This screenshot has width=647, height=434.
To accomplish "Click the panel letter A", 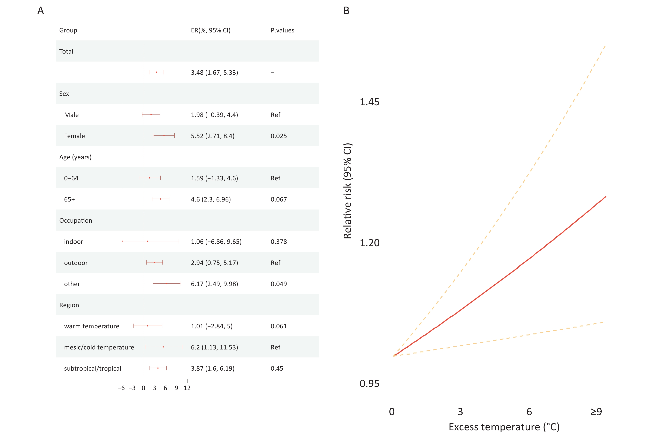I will (x=41, y=11).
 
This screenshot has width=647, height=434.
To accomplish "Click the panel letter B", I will (x=346, y=11).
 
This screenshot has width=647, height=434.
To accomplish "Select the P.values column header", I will (x=282, y=30).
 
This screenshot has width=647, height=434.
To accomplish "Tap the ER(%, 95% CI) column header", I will (x=211, y=30).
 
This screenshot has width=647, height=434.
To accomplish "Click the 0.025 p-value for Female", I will (x=279, y=136).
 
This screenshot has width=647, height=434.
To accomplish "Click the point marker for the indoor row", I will (x=148, y=241).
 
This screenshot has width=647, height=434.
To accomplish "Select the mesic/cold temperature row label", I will (x=99, y=347).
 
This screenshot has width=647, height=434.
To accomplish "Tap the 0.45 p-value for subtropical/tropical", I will (x=277, y=368).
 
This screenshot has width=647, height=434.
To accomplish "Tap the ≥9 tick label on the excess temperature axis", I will (x=596, y=412).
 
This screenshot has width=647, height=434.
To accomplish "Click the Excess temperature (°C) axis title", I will (x=504, y=427).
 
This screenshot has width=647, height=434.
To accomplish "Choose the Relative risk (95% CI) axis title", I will (x=347, y=191).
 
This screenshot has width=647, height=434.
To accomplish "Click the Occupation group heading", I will (x=76, y=221).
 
